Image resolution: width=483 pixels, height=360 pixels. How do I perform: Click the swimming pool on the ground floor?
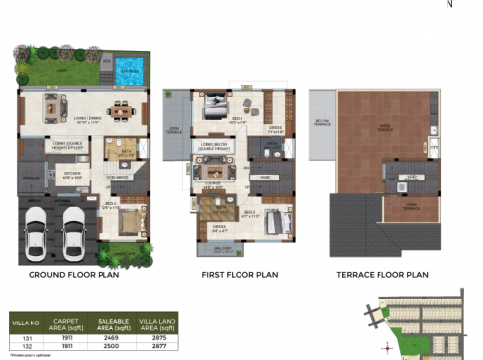(x=128, y=70)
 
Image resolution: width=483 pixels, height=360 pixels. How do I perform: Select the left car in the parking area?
(x=36, y=233)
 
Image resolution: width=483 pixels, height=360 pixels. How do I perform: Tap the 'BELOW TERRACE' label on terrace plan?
(x=321, y=123)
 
